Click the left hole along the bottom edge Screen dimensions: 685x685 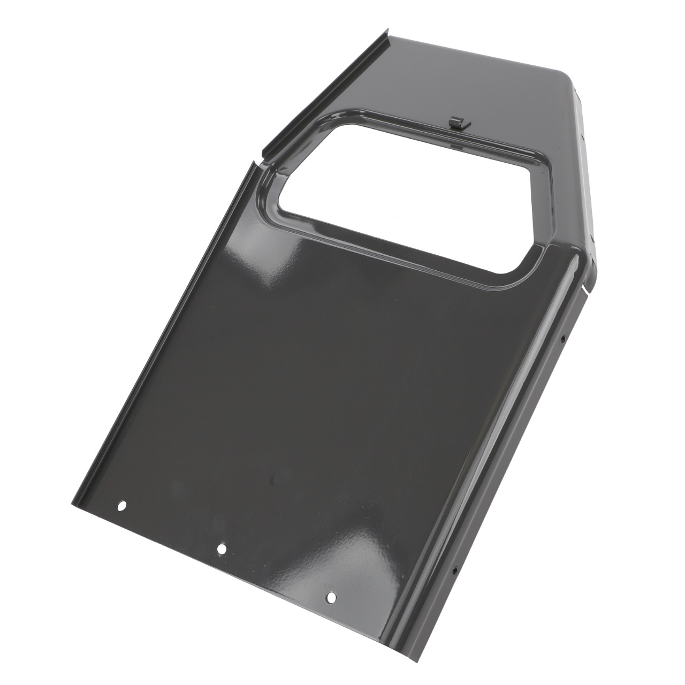click(x=122, y=505)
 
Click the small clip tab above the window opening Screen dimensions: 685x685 click(x=456, y=123)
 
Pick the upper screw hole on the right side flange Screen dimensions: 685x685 click(x=564, y=338)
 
